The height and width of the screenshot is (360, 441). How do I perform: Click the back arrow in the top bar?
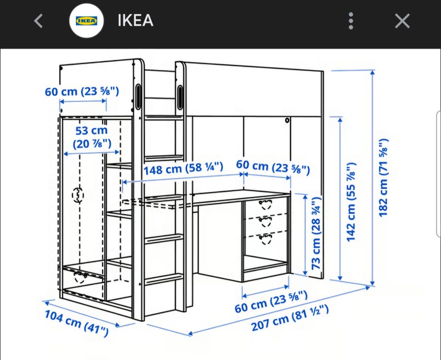[38, 21]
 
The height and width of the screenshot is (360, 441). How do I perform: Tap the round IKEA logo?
[87, 21]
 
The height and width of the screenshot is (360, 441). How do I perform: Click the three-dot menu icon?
[351, 21]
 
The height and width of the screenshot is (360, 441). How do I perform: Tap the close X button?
[402, 21]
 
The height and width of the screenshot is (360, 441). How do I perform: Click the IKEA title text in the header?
[135, 21]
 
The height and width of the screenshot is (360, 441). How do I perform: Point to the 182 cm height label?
[384, 177]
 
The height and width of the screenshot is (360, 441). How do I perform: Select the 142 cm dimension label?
[351, 202]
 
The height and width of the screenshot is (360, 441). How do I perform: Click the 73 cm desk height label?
[316, 233]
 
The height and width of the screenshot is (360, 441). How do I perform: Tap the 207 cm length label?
[290, 318]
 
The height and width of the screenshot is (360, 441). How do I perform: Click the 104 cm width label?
[77, 323]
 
